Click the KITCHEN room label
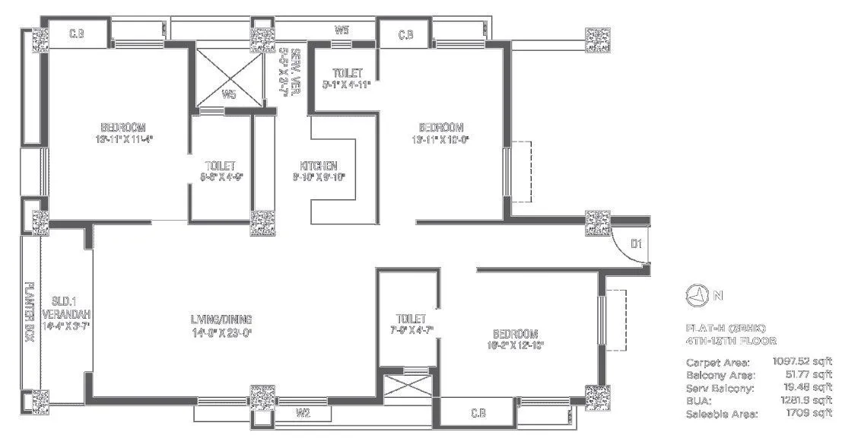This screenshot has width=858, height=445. (x=318, y=166)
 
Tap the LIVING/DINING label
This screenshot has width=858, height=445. (x=221, y=319)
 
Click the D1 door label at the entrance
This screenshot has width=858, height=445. (x=637, y=244)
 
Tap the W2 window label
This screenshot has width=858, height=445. (x=303, y=413)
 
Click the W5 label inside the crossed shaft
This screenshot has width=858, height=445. (x=228, y=95)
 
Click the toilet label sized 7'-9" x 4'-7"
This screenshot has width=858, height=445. (x=411, y=319)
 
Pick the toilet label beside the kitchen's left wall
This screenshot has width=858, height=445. (x=220, y=166)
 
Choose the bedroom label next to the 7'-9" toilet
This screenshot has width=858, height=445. (x=515, y=334)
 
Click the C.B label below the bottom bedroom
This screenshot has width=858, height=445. (x=478, y=413)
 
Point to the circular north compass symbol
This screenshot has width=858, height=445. (x=698, y=294)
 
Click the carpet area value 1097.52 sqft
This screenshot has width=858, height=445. (x=802, y=362)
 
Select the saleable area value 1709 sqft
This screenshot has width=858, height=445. (x=811, y=413)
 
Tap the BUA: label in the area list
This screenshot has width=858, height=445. (x=698, y=400)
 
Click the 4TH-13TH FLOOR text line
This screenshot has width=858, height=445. (x=731, y=342)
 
